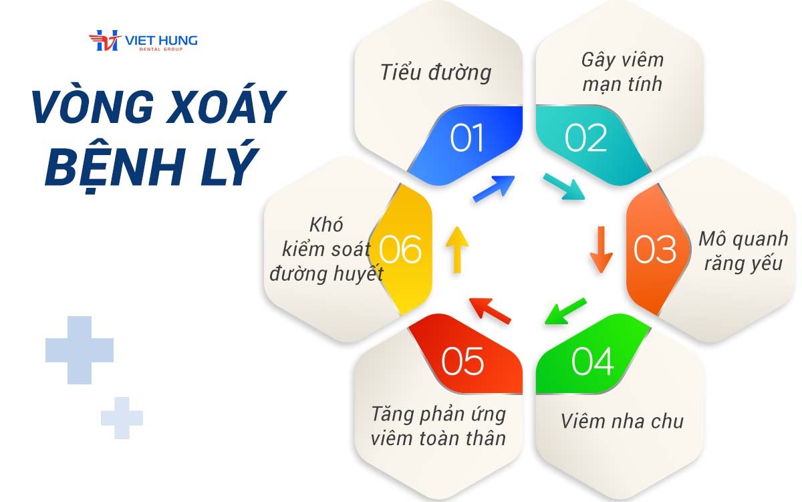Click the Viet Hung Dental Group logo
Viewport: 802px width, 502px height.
[143, 41]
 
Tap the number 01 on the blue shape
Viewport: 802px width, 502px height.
[466, 138]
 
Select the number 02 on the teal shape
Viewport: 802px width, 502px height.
[585, 138]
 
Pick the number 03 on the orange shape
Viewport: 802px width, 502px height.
[655, 249]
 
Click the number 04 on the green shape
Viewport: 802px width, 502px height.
[593, 361]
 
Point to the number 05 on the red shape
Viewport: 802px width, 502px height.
[462, 361]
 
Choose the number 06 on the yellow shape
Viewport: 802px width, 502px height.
[400, 249]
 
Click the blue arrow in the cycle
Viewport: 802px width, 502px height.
[494, 189]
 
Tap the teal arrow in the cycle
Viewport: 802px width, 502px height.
[564, 186]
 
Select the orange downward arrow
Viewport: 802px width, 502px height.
[601, 249]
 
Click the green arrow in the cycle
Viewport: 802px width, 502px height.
[565, 311]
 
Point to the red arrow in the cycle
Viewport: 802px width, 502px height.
[490, 311]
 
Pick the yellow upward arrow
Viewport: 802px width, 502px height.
[457, 249]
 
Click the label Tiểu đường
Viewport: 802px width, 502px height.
[436, 73]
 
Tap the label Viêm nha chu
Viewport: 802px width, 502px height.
[622, 421]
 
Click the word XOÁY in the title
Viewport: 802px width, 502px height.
[226, 107]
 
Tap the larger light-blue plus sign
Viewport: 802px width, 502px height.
[80, 350]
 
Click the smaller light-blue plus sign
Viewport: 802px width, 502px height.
[122, 418]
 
